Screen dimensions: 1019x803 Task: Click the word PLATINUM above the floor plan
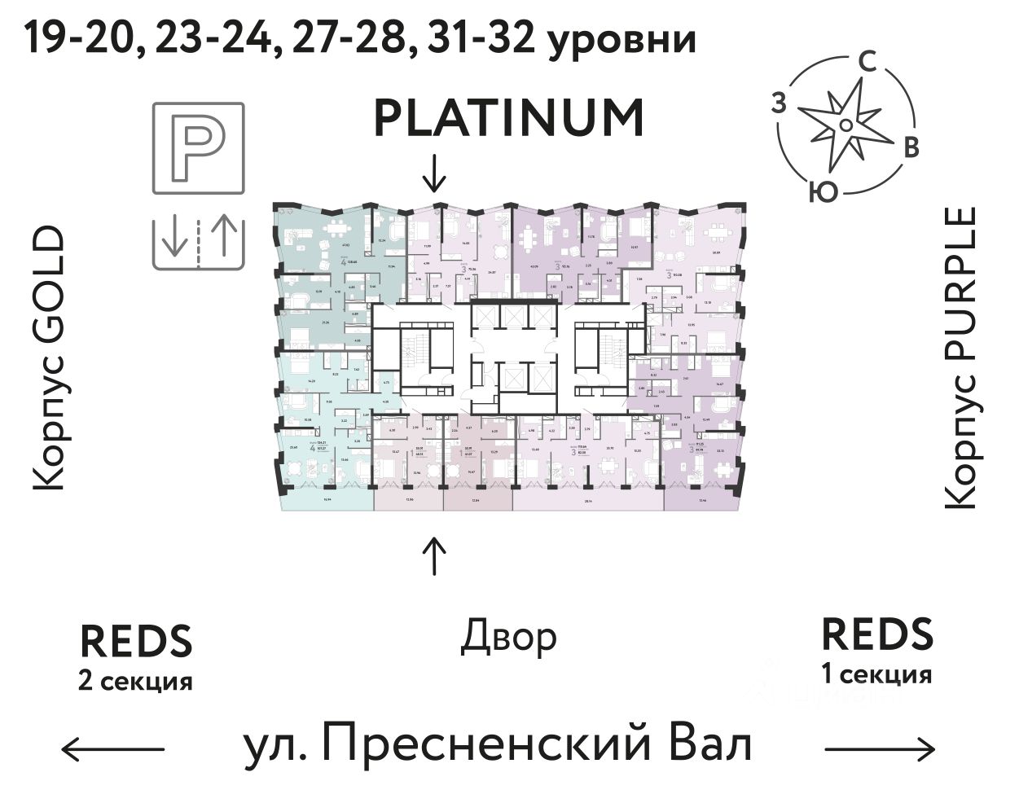509,118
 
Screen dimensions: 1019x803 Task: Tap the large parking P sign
198,148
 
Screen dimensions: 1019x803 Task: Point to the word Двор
509,638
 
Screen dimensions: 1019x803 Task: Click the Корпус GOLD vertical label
48,358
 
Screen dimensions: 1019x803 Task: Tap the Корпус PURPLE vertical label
960,358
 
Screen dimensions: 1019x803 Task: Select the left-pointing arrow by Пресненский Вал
113,748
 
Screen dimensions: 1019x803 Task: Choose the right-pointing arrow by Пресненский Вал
880,748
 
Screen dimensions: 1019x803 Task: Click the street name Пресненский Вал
498,746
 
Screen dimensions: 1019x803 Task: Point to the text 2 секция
135,680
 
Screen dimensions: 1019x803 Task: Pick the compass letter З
779,103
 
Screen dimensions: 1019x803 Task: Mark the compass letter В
912,147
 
